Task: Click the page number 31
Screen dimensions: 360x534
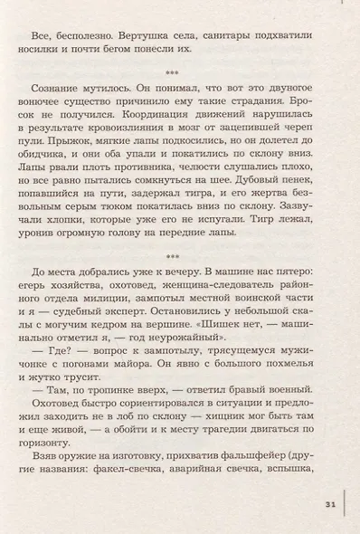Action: [x=330, y=504]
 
